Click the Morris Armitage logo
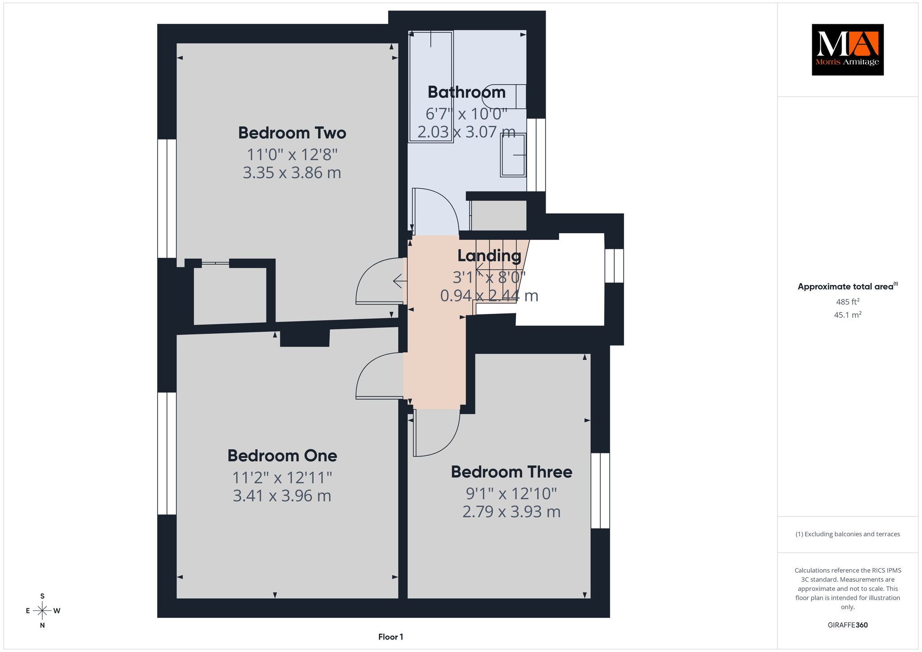coord(847,50)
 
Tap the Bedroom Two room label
coord(292,133)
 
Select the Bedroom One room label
coord(282,456)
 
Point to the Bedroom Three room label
coord(511,472)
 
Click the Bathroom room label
coord(466,92)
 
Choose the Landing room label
coord(489,256)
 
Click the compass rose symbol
coord(42,611)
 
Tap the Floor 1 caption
coord(391,637)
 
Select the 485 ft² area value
coord(848,302)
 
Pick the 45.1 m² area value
coord(848,315)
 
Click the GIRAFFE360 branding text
coord(848,625)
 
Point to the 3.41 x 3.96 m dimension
coord(282,496)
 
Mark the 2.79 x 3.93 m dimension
coord(511,512)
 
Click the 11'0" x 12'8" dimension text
coord(292,154)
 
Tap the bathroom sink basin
coord(513,155)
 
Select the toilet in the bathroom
coord(504,96)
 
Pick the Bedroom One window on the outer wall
coord(167,453)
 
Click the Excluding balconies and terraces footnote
coord(848,534)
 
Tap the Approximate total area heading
coord(848,286)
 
